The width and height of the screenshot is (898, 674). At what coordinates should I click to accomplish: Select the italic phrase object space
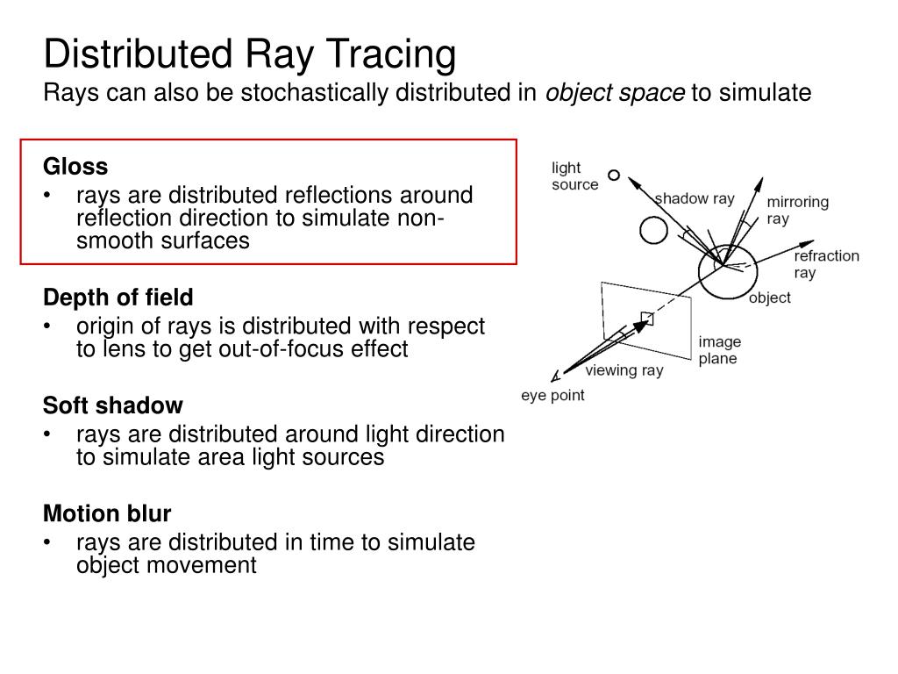pos(616,93)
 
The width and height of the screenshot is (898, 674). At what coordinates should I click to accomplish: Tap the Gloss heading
pos(75,166)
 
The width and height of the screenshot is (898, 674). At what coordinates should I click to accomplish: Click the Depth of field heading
pos(118,297)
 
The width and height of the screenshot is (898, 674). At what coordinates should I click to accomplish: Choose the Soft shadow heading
pos(113,405)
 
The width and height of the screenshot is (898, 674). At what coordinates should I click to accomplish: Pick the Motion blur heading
pos(107,513)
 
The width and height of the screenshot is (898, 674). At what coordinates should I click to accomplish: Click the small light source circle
pos(614,175)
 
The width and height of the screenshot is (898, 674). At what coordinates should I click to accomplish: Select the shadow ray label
pos(695,199)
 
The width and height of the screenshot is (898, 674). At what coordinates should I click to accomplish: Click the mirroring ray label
pos(797,210)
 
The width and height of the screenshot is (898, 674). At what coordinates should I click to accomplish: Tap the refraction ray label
pos(826,263)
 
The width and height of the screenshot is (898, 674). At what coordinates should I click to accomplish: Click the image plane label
pos(719,349)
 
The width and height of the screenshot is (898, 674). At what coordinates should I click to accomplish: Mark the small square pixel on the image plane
pos(647,318)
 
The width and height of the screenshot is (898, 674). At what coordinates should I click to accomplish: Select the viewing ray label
pos(624,370)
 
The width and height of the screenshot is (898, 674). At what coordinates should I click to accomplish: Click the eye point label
pos(552,396)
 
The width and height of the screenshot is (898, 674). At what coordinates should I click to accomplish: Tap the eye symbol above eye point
pos(554,376)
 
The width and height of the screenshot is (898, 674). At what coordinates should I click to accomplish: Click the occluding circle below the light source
pos(653,230)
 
